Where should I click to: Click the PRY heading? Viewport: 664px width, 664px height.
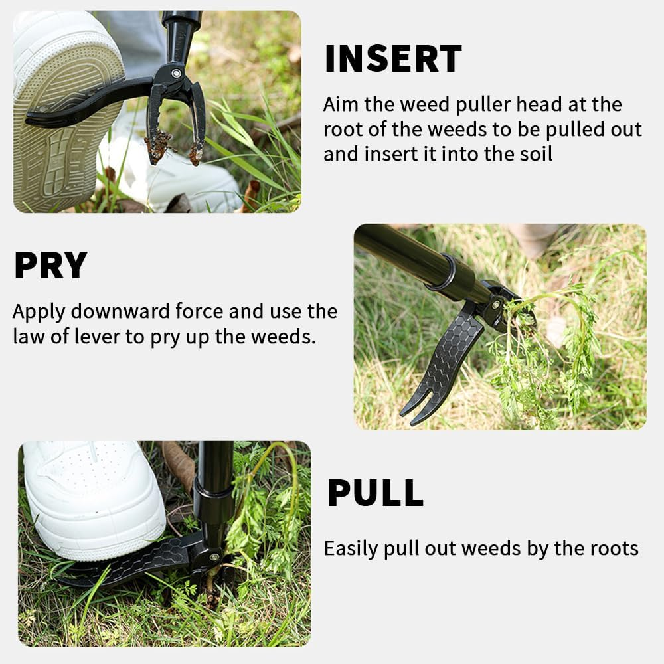(50, 266)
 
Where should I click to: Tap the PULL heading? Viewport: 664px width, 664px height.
(375, 493)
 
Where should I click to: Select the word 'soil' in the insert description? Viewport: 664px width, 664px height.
(535, 154)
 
